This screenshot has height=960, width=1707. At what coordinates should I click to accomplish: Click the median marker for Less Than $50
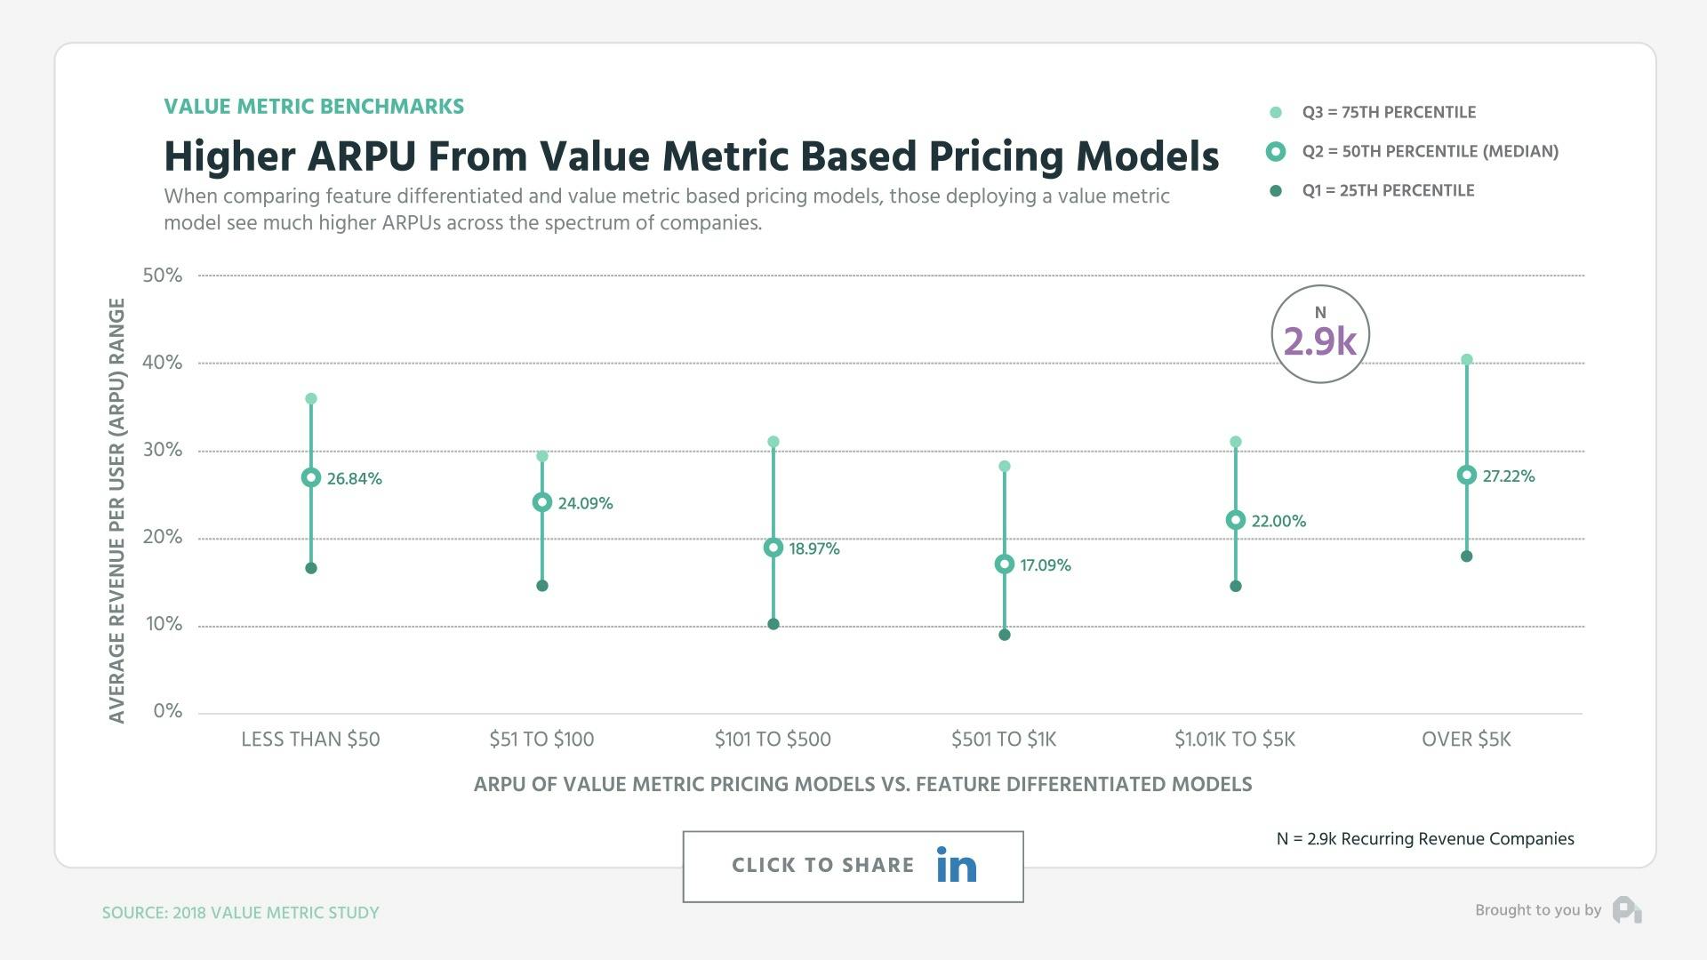tap(311, 477)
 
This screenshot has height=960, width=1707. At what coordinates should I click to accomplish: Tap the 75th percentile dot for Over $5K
tap(1467, 360)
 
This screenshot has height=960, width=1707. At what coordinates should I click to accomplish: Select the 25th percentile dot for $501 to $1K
tap(1005, 635)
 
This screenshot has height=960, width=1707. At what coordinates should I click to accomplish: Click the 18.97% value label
tap(813, 548)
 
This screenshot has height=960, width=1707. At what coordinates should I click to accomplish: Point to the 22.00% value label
tap(1278, 521)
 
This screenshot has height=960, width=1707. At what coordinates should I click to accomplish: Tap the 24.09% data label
tap(585, 503)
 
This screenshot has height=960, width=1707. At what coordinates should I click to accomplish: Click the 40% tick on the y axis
tap(162, 363)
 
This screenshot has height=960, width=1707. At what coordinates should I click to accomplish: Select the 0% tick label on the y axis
tap(167, 711)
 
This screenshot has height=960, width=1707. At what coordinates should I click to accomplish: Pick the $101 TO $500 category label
tap(773, 739)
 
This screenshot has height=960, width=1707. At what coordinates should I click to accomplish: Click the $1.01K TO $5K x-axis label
tap(1234, 739)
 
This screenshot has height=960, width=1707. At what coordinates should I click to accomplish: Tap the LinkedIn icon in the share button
tap(957, 865)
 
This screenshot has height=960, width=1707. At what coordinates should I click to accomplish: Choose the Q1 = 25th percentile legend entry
tap(1387, 190)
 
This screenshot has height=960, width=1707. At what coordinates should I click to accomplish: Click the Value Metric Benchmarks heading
tap(314, 107)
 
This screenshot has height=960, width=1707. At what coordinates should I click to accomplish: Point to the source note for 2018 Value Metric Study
tap(240, 913)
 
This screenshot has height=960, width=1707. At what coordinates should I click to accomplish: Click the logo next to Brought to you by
tap(1627, 910)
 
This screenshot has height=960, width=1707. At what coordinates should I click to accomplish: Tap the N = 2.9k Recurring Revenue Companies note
tap(1424, 839)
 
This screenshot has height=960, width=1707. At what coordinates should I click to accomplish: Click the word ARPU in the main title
tap(361, 156)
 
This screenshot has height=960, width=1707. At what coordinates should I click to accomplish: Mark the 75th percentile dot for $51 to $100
tap(542, 456)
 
